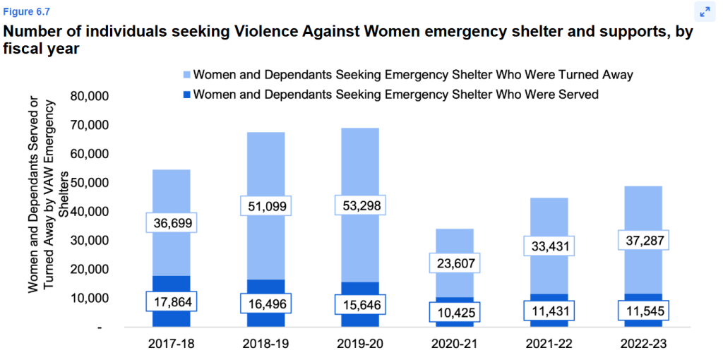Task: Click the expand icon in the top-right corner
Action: pyautogui.click(x=704, y=12)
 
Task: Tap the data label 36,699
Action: pyautogui.click(x=171, y=222)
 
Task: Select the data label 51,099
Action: pyautogui.click(x=265, y=207)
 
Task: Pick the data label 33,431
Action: pyautogui.click(x=549, y=246)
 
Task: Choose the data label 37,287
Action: pyautogui.click(x=643, y=240)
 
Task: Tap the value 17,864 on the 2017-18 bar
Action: pyautogui.click(x=171, y=301)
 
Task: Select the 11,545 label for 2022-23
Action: pyautogui.click(x=643, y=311)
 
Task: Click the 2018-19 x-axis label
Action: pyautogui.click(x=265, y=343)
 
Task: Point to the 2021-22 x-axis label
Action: pyautogui.click(x=549, y=343)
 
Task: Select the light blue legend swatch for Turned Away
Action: pyautogui.click(x=186, y=74)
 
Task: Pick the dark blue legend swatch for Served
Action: pyautogui.click(x=186, y=94)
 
